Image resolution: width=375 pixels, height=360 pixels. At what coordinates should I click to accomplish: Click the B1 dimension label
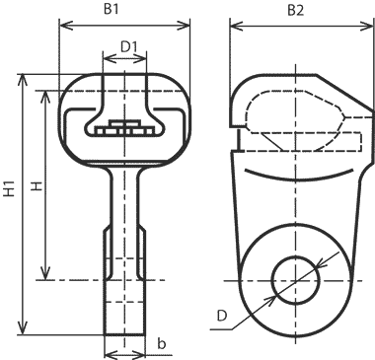(112, 9)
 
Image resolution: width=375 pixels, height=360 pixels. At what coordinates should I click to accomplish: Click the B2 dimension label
(296, 10)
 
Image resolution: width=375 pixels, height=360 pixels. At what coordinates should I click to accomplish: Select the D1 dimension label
(128, 47)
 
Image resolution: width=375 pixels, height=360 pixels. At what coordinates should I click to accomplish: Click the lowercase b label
(161, 343)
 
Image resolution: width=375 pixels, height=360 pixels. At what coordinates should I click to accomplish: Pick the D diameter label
(222, 316)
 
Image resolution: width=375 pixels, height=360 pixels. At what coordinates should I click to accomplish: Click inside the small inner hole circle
(295, 280)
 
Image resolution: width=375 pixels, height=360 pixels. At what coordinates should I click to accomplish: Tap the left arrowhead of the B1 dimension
(65, 25)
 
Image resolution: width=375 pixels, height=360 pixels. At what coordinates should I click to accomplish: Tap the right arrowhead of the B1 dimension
(184, 25)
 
